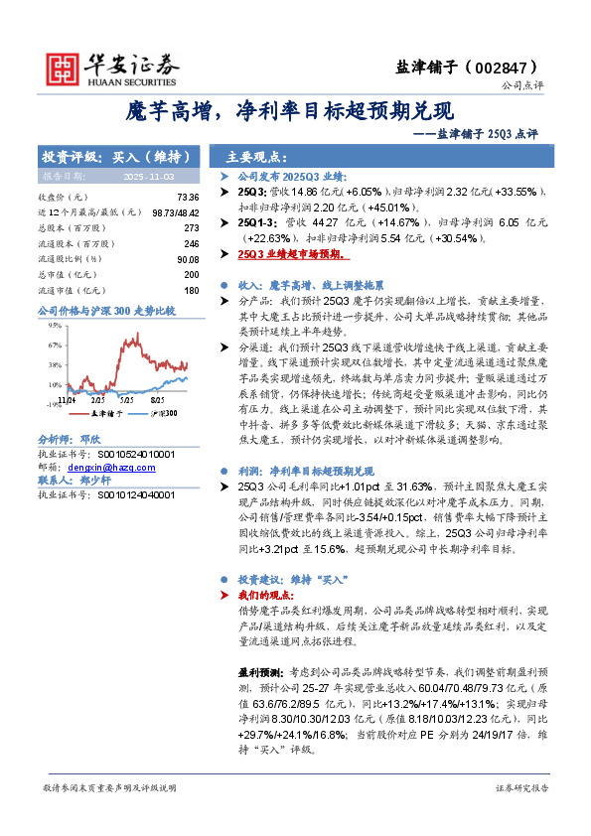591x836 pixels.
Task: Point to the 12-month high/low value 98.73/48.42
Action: pos(174,212)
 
